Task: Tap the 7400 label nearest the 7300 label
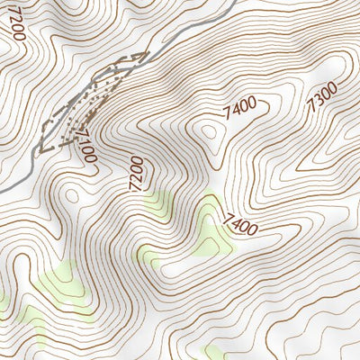click(242, 108)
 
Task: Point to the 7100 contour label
click(85, 145)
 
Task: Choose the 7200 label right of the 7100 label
click(134, 173)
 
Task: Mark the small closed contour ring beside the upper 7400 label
click(212, 135)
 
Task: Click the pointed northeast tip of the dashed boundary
click(143, 55)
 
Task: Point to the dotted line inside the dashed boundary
click(90, 103)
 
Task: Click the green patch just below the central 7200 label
click(157, 206)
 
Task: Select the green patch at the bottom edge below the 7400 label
click(214, 352)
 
